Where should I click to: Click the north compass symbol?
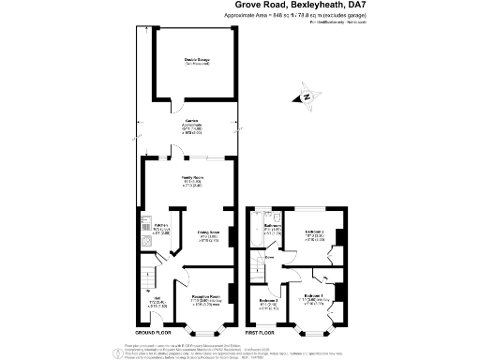click(306, 96)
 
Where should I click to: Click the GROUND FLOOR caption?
click(156, 333)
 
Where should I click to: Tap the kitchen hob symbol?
click(147, 241)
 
